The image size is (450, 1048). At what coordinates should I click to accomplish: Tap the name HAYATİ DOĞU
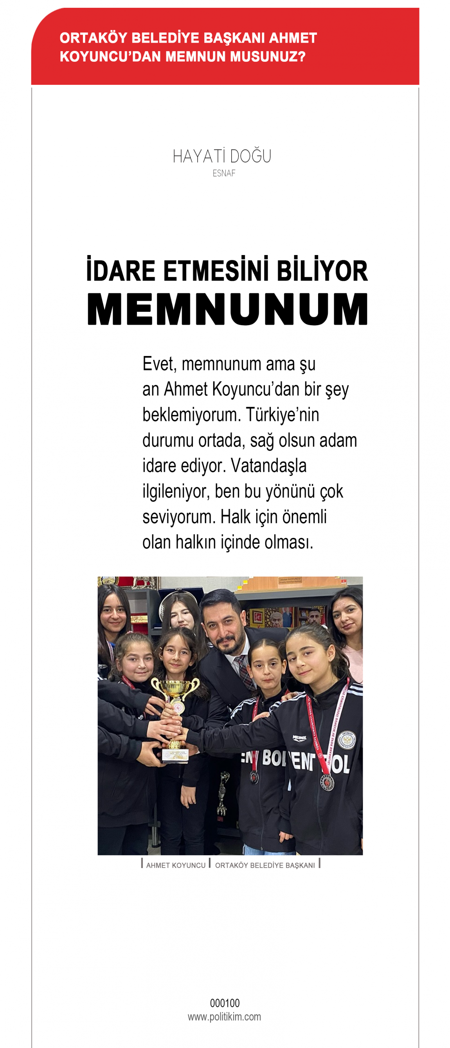click(x=222, y=156)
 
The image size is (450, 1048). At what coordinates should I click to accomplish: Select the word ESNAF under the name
click(x=224, y=173)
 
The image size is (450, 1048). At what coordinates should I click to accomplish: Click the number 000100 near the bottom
click(x=225, y=1003)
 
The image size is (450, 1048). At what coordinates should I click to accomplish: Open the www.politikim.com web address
click(x=224, y=1017)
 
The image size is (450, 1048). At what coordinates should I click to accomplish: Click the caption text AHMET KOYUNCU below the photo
click(x=176, y=865)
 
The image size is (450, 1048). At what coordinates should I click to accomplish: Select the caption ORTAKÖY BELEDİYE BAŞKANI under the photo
click(x=265, y=865)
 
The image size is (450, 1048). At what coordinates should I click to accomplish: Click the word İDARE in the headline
click(x=121, y=270)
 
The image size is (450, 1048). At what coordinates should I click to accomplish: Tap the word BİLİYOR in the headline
click(x=322, y=270)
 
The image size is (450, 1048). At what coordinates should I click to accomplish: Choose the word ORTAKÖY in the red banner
click(x=94, y=38)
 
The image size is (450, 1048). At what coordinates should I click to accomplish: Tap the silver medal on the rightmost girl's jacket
click(x=328, y=782)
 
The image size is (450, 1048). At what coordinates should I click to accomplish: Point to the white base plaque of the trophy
click(x=175, y=755)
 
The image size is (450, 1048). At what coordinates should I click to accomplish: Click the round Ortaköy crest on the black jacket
click(x=347, y=739)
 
